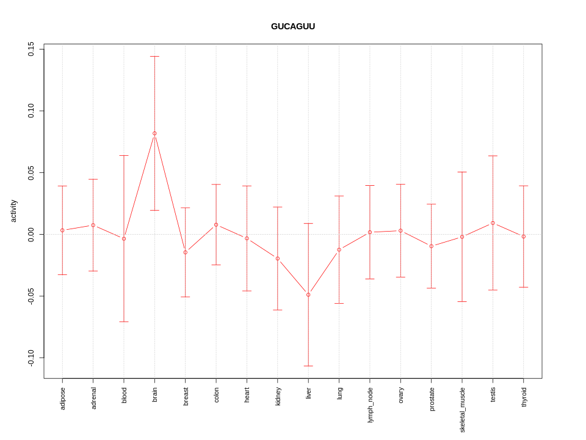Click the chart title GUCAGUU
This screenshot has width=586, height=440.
click(x=293, y=26)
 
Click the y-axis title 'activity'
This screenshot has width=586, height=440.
click(x=13, y=211)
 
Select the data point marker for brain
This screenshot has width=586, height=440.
click(x=154, y=133)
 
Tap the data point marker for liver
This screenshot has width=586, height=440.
click(x=308, y=295)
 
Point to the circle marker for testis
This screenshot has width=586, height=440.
click(x=493, y=223)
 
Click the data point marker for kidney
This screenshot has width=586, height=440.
click(x=278, y=258)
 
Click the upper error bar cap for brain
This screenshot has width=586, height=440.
click(x=154, y=57)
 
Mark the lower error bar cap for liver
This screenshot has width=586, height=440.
click(x=308, y=366)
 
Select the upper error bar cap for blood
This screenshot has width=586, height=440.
click(x=124, y=156)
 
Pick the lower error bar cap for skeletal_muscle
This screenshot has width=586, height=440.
click(x=462, y=302)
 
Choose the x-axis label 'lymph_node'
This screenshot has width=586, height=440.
click(x=370, y=405)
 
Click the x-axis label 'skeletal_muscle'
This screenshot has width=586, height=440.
click(x=462, y=409)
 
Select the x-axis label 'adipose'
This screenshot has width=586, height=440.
click(x=62, y=398)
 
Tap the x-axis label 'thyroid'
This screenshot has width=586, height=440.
click(x=524, y=397)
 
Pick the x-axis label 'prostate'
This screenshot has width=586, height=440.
click(x=432, y=399)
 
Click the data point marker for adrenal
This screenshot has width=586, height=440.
click(x=93, y=226)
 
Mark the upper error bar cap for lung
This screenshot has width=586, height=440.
click(x=339, y=196)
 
